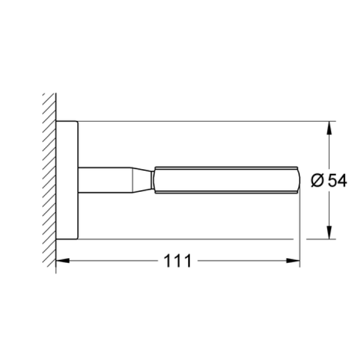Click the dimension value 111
click(x=178, y=261)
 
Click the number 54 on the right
click(x=337, y=181)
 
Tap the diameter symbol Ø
click(x=317, y=181)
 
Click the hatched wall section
click(x=49, y=180)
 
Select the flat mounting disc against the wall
click(x=67, y=180)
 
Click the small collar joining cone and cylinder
click(x=153, y=180)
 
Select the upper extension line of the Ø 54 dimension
click(x=206, y=122)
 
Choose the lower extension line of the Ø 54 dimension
click(x=206, y=239)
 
